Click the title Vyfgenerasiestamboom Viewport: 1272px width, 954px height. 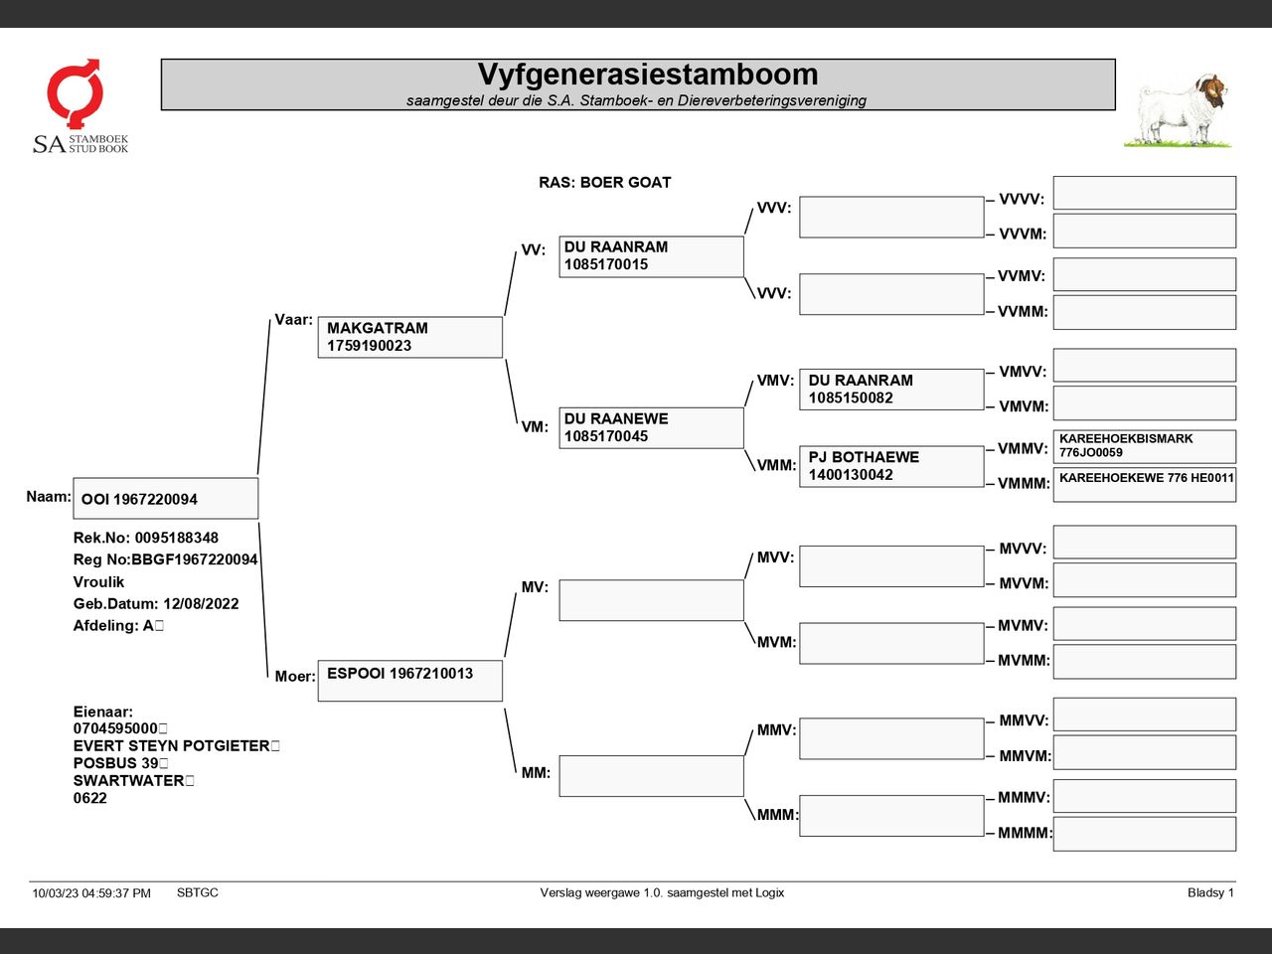point(647,75)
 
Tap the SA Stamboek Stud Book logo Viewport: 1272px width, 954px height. point(79,106)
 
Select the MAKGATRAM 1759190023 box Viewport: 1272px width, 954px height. point(409,337)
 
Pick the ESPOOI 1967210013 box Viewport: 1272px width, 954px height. point(409,680)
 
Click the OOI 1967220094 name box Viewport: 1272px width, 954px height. point(165,499)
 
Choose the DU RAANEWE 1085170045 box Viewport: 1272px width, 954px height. point(651,427)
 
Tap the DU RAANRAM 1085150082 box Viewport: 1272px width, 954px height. point(890,389)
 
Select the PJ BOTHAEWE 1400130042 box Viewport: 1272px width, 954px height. point(890,466)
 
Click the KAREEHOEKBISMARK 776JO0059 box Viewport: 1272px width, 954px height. point(1144,446)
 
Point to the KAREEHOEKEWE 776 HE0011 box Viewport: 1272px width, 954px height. point(1144,484)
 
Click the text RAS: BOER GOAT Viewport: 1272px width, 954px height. point(604,183)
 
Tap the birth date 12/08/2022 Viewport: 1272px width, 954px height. point(201,604)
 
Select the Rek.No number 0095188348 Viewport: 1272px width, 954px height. point(176,539)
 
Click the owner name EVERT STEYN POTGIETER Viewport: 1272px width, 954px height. point(171,746)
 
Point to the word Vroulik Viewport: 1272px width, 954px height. point(98,582)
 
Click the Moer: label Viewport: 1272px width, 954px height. point(294,677)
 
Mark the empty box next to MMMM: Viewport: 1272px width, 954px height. point(1144,834)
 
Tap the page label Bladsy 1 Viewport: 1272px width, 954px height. point(1209,893)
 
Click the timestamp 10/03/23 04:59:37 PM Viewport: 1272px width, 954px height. point(91,893)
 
